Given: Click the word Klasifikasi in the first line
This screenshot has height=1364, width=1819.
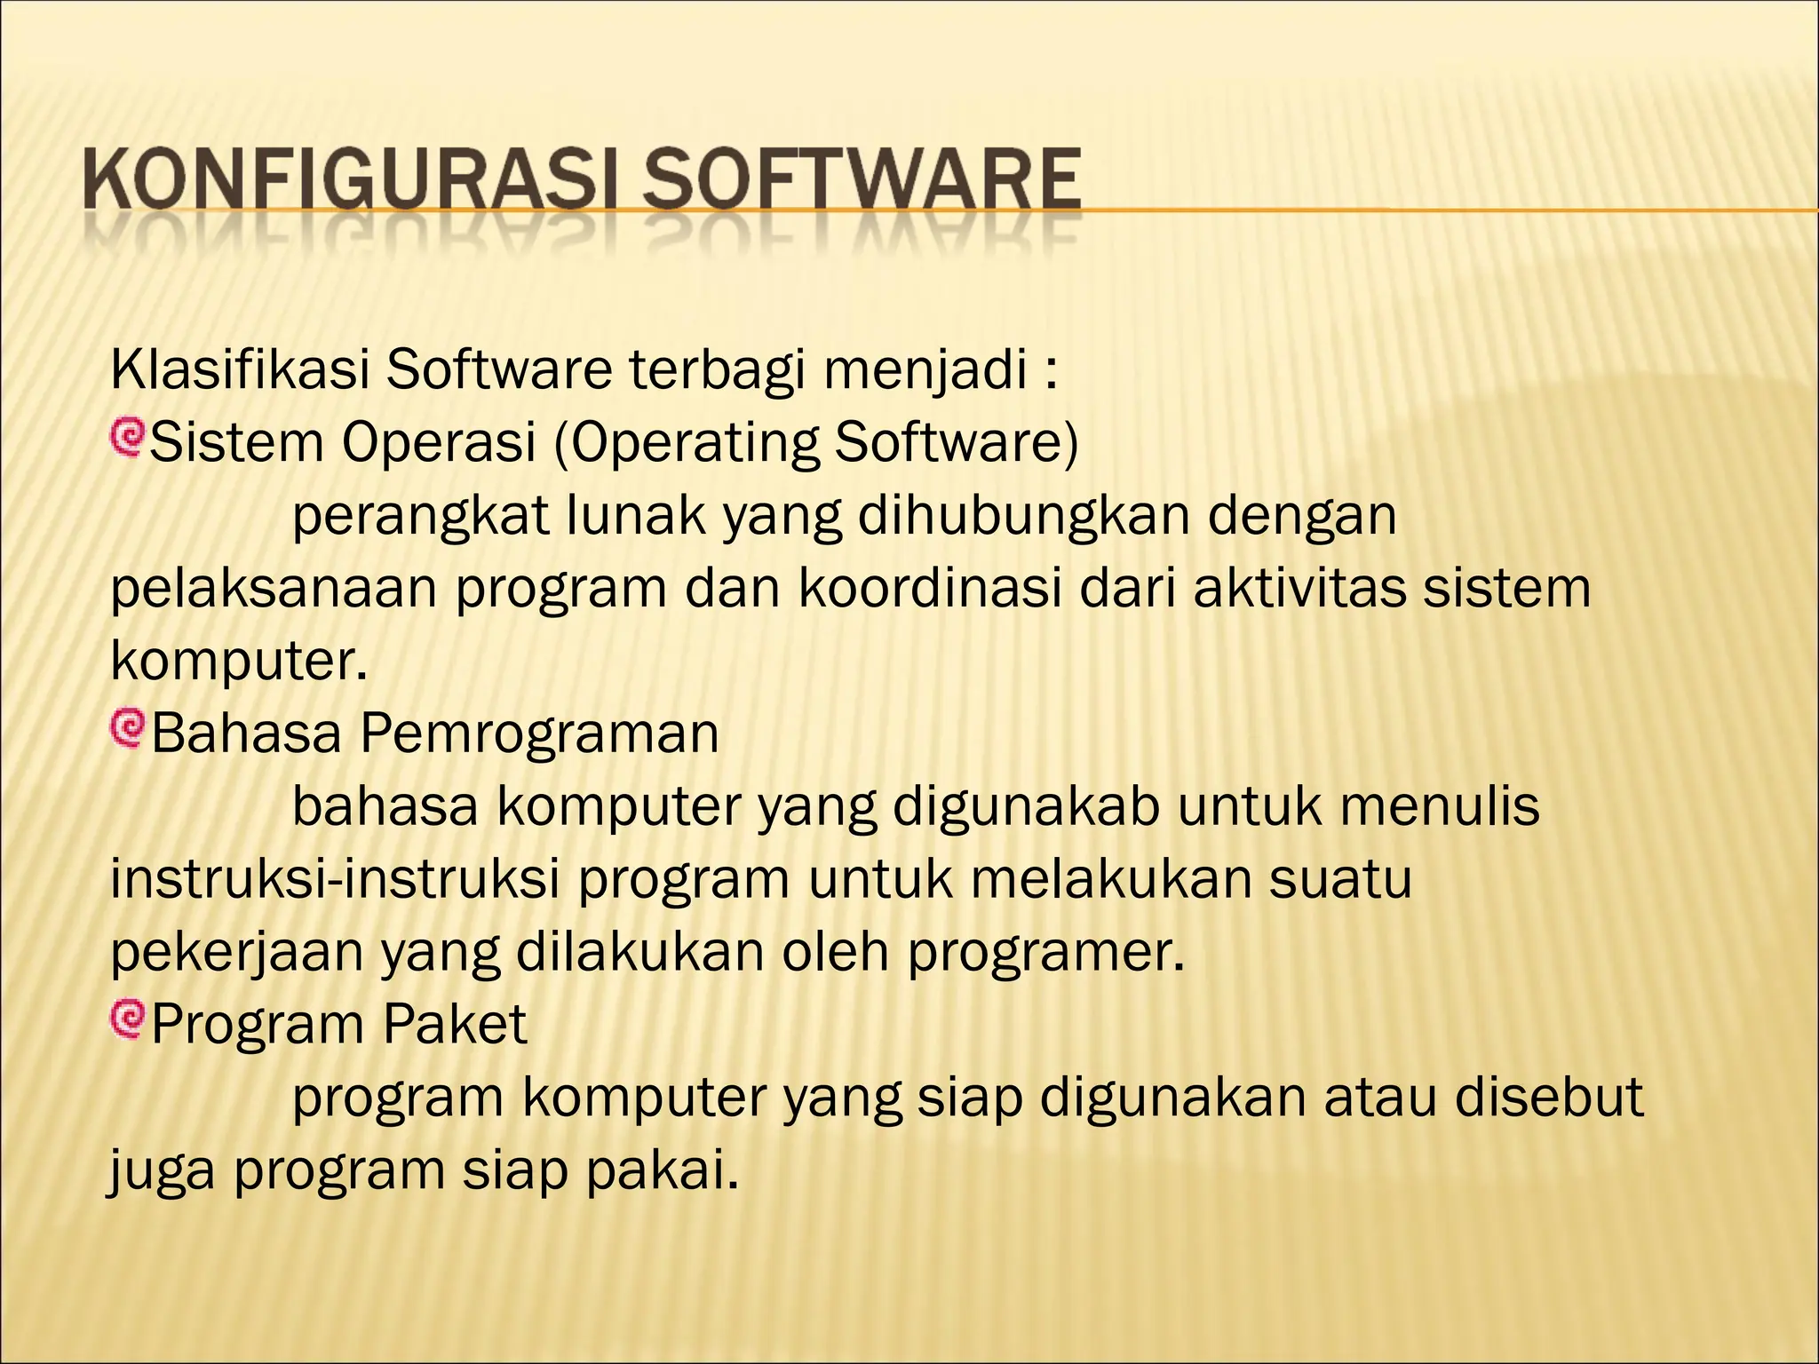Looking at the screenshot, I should coord(240,370).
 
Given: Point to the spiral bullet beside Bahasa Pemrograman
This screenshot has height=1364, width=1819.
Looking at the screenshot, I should coord(126,729).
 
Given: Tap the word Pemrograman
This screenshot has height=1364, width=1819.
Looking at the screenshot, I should coord(539,734).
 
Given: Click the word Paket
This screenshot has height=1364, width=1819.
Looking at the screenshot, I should coord(455,1025).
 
